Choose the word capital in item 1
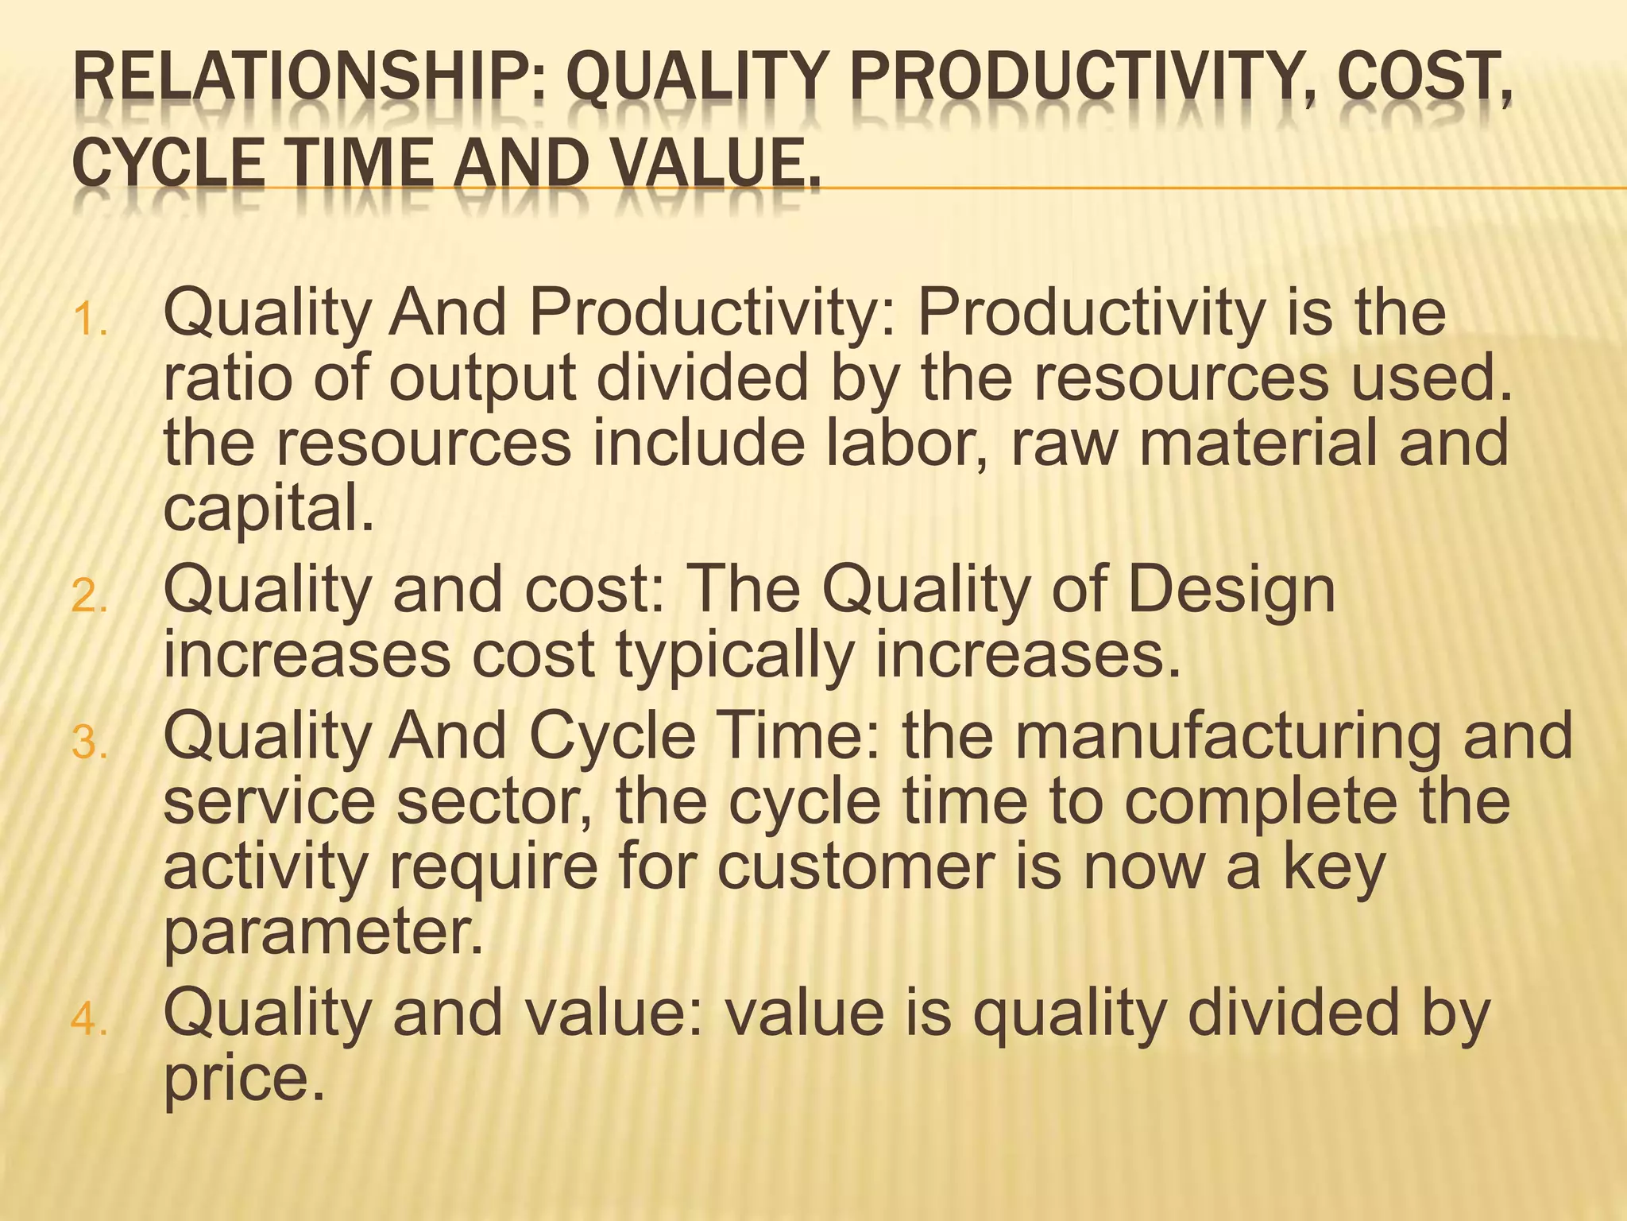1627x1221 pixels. (x=268, y=510)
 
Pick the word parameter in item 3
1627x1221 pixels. (x=322, y=934)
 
